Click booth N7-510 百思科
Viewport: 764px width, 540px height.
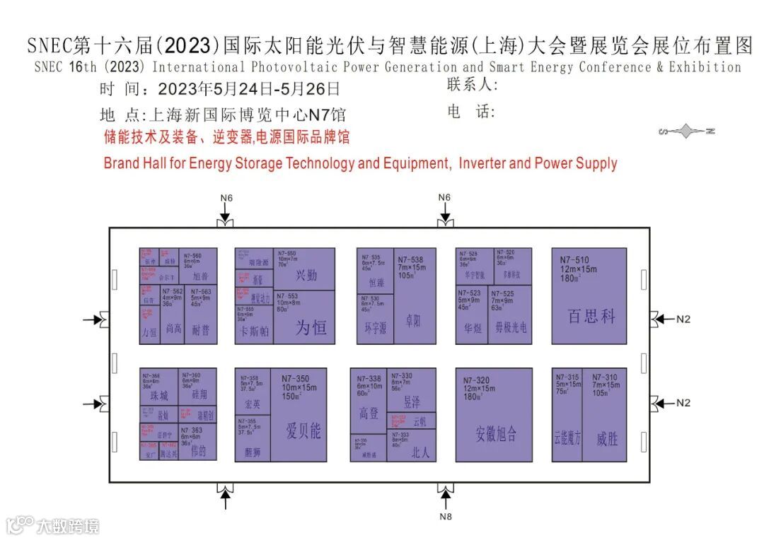589,297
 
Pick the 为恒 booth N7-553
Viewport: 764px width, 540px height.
304,318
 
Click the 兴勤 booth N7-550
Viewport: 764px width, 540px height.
304,269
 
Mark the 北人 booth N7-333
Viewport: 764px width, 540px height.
412,446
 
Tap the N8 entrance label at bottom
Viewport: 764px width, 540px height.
444,517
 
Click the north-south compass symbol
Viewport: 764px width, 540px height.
686,131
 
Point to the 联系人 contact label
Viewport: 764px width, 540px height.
473,86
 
